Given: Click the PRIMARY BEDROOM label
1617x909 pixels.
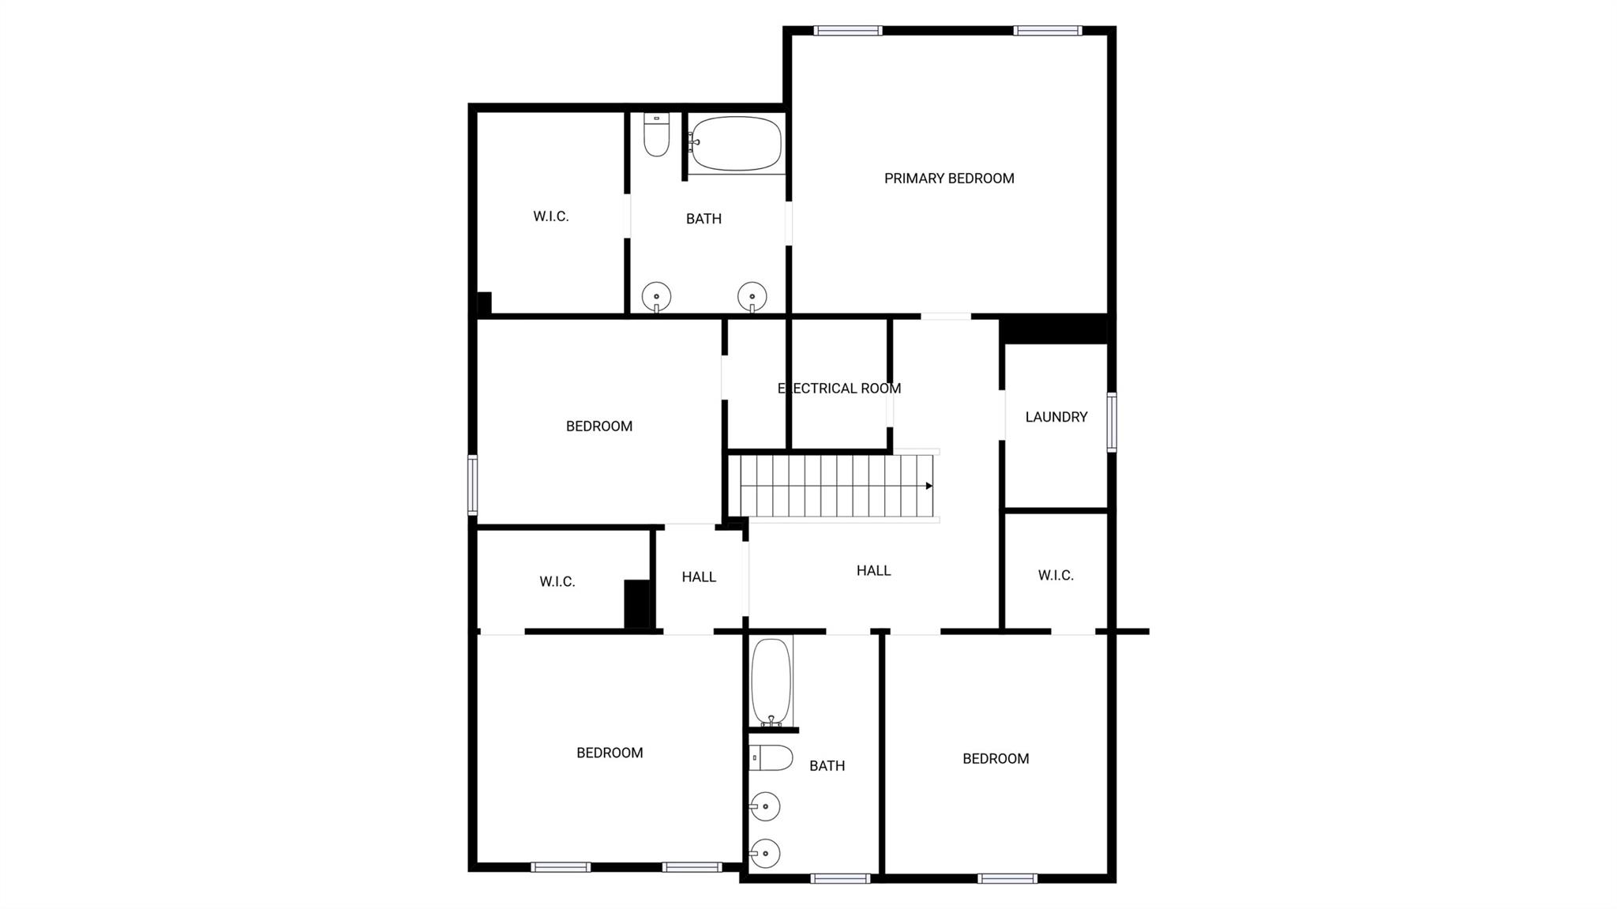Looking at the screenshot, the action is click(949, 178).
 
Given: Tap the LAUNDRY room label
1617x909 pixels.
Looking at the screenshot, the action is click(1056, 417).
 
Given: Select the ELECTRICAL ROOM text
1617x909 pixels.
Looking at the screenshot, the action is click(839, 389).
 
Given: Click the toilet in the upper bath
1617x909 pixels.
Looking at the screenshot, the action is click(656, 134).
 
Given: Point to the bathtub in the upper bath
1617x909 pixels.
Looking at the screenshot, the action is click(736, 144).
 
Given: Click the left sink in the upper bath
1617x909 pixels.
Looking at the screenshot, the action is click(656, 298).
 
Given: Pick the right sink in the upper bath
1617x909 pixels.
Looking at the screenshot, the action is click(752, 297).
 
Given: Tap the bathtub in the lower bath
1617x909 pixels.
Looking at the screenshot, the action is click(771, 682).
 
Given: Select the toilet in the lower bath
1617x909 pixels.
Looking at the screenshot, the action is click(771, 758).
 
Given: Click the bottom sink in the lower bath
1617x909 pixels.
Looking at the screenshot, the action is click(764, 853).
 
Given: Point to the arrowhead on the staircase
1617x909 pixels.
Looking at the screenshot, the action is click(929, 486).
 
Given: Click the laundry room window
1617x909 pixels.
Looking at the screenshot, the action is click(1112, 423).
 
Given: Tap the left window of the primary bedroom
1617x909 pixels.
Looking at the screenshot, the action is click(848, 31).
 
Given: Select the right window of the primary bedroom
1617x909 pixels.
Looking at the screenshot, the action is click(1048, 31).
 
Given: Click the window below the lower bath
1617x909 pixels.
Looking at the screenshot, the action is click(841, 878).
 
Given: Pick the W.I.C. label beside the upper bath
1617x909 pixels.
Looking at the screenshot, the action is click(551, 216).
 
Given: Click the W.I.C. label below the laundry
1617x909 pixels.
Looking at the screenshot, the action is click(1056, 576).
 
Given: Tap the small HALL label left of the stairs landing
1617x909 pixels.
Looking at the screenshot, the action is click(699, 577).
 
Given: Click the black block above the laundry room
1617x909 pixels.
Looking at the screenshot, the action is click(1053, 329).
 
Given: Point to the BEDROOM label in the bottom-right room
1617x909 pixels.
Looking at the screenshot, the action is click(996, 759).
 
